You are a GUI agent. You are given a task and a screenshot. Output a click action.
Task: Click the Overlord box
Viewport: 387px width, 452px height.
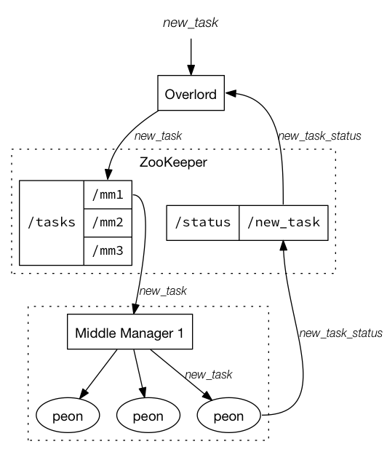(191, 94)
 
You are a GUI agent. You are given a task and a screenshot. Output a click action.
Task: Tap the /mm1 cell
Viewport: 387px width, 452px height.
(107, 194)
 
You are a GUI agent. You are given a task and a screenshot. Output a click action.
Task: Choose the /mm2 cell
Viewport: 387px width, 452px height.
(107, 222)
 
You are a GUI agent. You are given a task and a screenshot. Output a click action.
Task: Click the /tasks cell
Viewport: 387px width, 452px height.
(51, 222)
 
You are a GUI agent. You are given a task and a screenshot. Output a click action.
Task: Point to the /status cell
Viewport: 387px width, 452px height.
(203, 222)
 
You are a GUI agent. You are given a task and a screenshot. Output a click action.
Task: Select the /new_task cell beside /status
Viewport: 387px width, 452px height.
(283, 222)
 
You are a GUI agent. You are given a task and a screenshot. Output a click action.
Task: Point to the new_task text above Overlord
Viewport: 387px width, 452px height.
(190, 23)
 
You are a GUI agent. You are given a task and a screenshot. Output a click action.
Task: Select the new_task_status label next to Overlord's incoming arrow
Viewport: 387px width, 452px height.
(319, 135)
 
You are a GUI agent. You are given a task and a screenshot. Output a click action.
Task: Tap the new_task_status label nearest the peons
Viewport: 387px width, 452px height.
(340, 333)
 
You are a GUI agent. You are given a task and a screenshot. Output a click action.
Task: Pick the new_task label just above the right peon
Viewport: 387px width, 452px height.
(209, 375)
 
